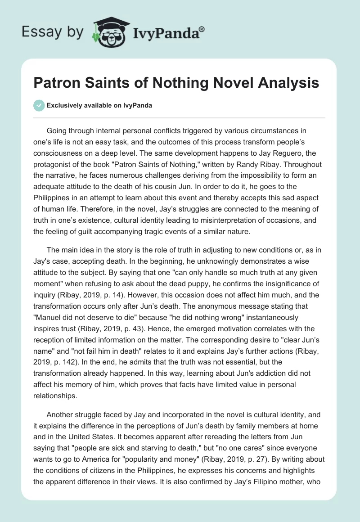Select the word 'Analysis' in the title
click(290, 83)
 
